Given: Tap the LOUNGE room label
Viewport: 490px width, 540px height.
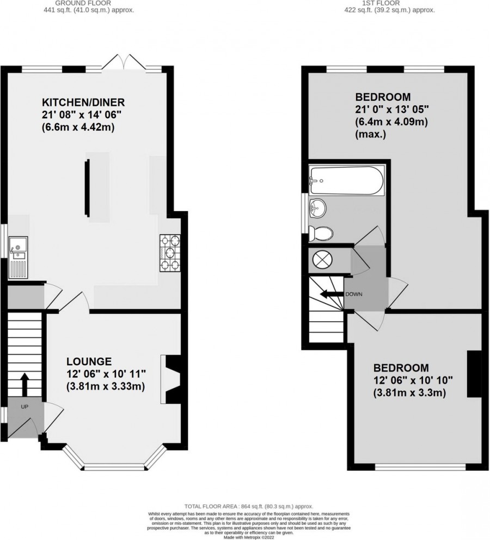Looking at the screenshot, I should click(89, 361).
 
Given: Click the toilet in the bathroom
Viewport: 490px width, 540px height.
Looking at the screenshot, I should click(320, 233).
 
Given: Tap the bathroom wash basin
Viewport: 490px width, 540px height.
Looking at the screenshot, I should click(317, 207).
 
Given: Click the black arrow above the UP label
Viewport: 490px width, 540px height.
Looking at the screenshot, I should click(24, 385).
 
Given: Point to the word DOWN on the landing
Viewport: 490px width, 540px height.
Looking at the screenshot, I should click(353, 295).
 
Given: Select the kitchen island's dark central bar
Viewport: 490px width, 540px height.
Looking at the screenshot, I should click(87, 187).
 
